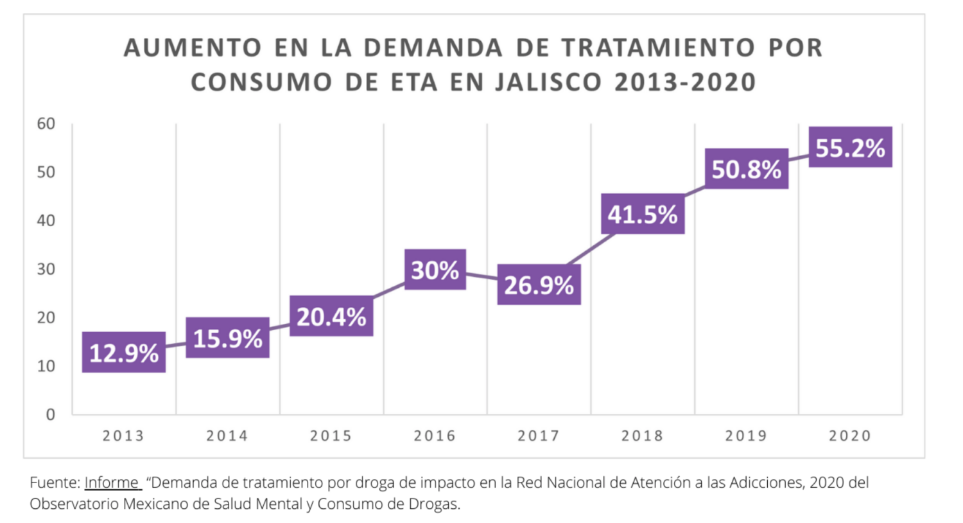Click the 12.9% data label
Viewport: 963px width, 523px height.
[x=124, y=353]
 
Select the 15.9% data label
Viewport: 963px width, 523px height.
[x=228, y=338]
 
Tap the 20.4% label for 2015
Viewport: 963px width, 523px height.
[x=331, y=316]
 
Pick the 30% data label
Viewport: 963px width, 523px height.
[x=435, y=270]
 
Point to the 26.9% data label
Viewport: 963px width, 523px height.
[x=539, y=285]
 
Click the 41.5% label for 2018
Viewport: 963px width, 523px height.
[x=643, y=214]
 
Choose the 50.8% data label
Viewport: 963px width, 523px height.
[x=747, y=169]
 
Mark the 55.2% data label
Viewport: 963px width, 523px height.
[x=850, y=148]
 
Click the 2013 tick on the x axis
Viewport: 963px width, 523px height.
[x=123, y=436]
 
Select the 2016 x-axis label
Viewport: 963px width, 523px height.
[x=435, y=436]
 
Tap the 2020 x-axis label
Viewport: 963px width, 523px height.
[x=850, y=436]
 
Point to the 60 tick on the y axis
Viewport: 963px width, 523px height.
[x=46, y=123]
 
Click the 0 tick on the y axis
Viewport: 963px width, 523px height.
[x=50, y=414]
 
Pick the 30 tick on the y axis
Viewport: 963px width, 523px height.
[x=46, y=269]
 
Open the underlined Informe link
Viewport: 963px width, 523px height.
[x=112, y=483]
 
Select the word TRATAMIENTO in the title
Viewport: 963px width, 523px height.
[x=658, y=48]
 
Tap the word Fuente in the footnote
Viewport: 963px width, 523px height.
[x=55, y=483]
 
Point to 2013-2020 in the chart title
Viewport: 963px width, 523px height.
[x=685, y=82]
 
